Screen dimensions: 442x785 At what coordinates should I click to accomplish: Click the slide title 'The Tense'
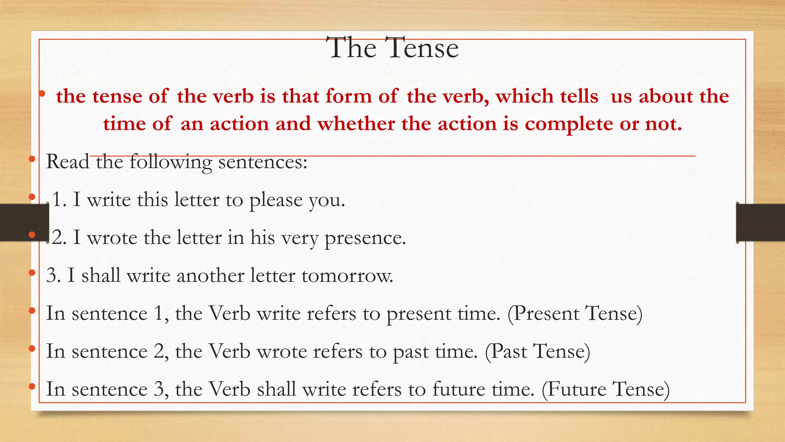pyautogui.click(x=394, y=48)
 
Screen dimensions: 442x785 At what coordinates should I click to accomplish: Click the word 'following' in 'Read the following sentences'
pyautogui.click(x=170, y=162)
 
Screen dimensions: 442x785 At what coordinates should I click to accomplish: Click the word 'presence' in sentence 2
pyautogui.click(x=365, y=238)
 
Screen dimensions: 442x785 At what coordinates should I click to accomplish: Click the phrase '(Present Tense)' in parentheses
pyautogui.click(x=575, y=313)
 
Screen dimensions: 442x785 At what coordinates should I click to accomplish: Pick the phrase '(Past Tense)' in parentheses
pyautogui.click(x=537, y=351)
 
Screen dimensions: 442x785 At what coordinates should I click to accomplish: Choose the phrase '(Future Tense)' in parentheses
pyautogui.click(x=606, y=389)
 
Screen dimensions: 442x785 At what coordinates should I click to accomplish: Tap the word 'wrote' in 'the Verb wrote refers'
pyautogui.click(x=282, y=351)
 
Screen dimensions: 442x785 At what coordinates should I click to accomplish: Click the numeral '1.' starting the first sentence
pyautogui.click(x=59, y=200)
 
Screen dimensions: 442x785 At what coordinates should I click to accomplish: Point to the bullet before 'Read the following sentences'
pyautogui.click(x=32, y=159)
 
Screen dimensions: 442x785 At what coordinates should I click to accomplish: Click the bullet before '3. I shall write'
pyautogui.click(x=32, y=273)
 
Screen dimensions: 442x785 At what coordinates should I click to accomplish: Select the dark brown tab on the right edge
pyautogui.click(x=760, y=223)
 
